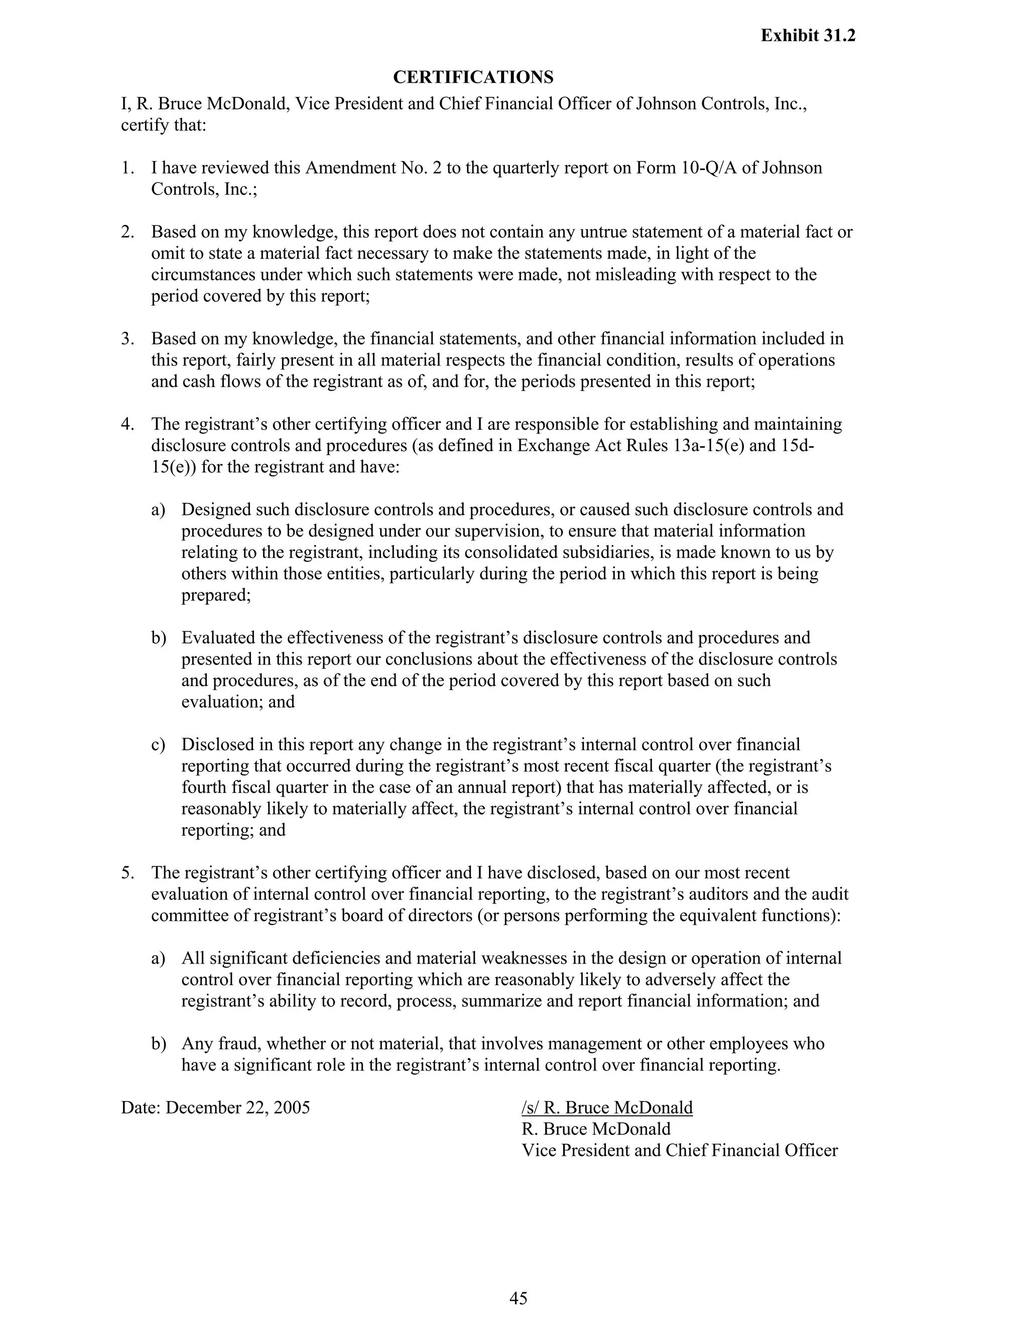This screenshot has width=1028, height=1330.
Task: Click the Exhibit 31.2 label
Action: pyautogui.click(x=808, y=36)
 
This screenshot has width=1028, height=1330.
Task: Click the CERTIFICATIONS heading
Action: pyautogui.click(x=473, y=77)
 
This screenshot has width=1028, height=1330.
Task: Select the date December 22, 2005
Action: pyautogui.click(x=237, y=1108)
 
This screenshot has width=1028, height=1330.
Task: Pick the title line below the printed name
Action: pyautogui.click(x=679, y=1150)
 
